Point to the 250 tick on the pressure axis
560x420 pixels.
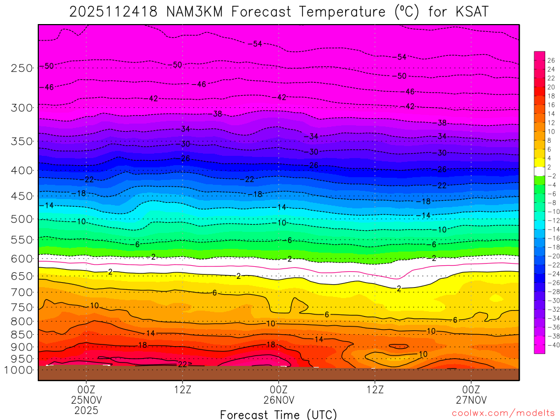22,68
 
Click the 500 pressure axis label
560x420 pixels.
22,219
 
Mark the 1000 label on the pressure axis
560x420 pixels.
19,370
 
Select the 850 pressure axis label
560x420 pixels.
22,334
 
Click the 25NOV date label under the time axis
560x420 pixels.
86,400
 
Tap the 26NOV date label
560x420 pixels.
279,400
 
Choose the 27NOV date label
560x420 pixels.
471,400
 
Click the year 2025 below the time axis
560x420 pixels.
86,410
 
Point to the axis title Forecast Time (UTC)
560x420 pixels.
278,414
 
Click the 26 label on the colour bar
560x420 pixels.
551,60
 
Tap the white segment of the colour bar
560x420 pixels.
539,171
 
